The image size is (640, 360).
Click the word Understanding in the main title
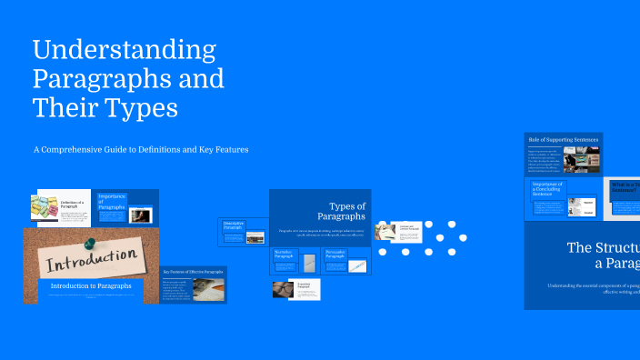125,48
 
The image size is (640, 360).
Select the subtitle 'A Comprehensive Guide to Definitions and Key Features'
141,149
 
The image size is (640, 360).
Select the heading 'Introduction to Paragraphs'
91,286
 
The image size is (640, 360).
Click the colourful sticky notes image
45,208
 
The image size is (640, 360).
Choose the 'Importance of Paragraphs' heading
112,201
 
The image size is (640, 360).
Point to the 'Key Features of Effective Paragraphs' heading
194,272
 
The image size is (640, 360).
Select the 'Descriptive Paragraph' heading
235,225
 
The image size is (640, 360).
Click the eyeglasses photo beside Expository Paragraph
283,289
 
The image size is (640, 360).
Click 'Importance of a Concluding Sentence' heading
548,187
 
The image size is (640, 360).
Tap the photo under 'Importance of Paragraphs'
140,216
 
